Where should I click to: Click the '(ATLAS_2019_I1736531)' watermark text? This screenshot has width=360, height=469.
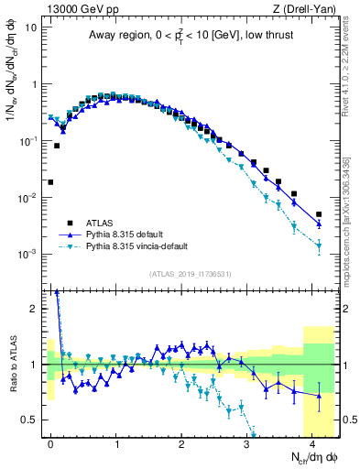click(x=189, y=274)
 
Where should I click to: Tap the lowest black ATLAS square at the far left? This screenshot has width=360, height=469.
click(x=50, y=182)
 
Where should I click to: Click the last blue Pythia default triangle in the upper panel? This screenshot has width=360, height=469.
click(x=319, y=224)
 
